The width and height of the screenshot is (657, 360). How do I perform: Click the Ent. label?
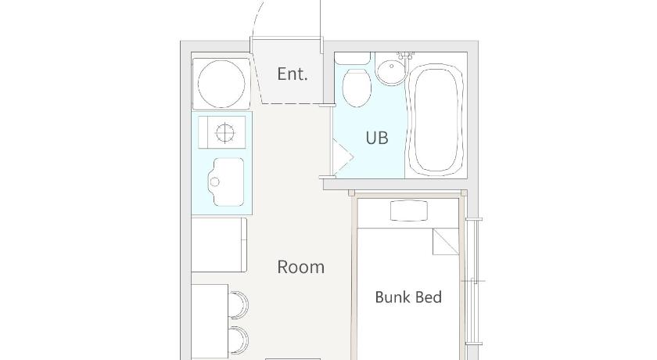(293, 74)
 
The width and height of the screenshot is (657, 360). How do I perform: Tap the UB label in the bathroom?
(377, 138)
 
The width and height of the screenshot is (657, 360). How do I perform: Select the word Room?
(301, 267)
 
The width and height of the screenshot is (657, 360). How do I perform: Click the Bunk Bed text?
(408, 297)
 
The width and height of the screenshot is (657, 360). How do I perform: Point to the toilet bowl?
(357, 88)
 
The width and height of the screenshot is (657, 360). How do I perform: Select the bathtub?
(436, 119)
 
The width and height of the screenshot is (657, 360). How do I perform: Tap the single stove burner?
(225, 133)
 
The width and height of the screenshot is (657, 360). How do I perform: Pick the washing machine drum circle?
(221, 84)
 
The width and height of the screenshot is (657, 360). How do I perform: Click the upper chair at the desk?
(239, 304)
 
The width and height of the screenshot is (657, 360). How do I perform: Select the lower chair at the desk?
(239, 340)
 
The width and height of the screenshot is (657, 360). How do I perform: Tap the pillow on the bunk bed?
(409, 211)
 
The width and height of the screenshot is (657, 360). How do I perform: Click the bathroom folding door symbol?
(343, 157)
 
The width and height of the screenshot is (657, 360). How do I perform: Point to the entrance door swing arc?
(256, 19)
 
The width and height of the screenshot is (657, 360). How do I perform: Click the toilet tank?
(353, 58)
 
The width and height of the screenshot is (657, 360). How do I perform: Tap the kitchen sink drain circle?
(214, 182)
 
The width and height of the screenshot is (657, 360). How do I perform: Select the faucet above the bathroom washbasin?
(405, 56)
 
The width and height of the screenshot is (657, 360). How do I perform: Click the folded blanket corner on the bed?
(446, 242)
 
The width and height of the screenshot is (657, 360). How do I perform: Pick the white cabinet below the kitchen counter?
(219, 245)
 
